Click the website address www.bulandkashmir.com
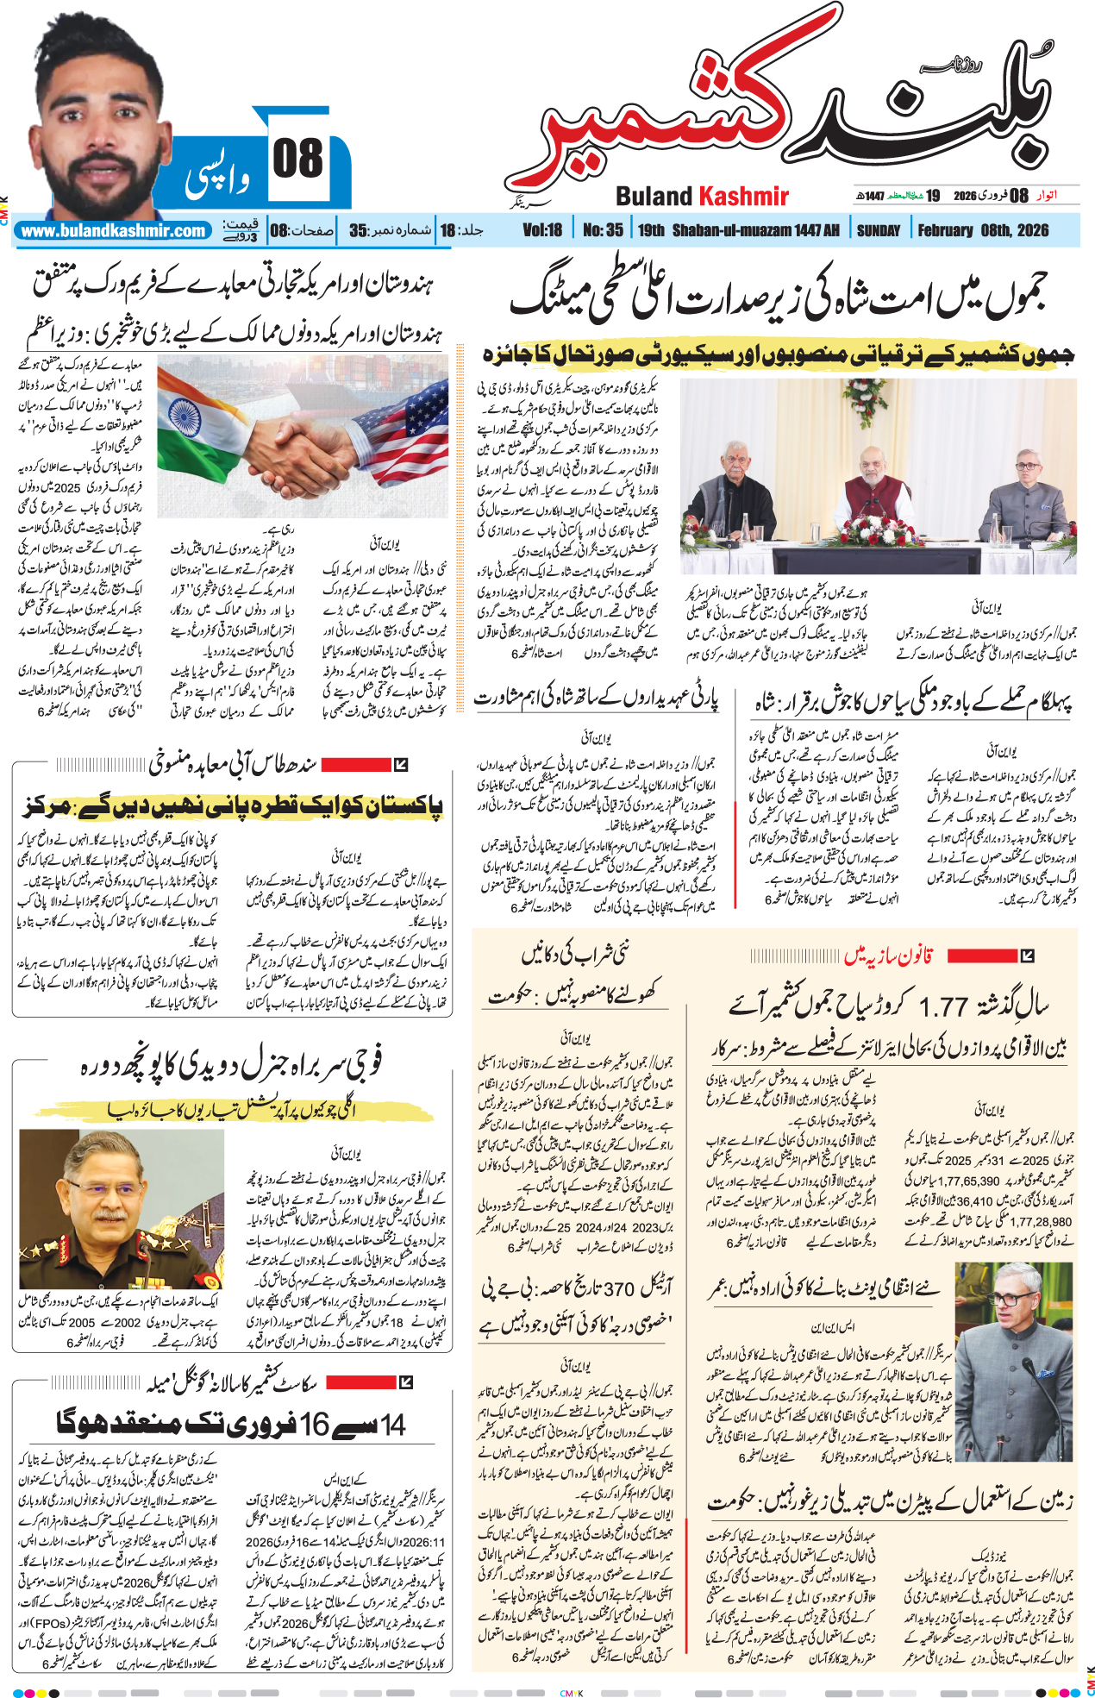113,231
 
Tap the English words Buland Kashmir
702,197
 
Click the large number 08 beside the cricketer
297,160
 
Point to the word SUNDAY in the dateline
878,231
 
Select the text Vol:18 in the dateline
542,231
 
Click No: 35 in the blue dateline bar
603,231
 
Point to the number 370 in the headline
618,1288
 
